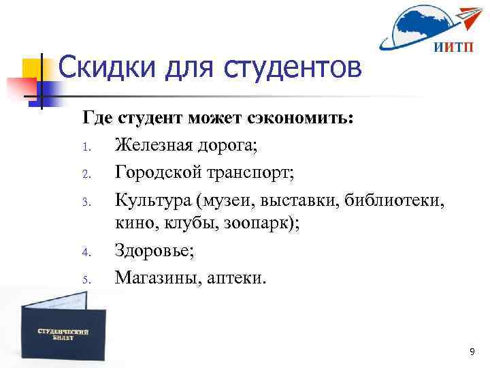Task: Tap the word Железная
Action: (154, 144)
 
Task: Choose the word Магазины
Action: (156, 277)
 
